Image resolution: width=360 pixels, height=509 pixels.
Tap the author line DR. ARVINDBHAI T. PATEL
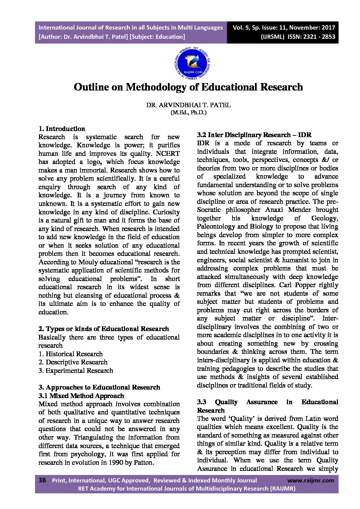point(188,105)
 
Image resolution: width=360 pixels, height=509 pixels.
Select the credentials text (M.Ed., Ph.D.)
point(188,112)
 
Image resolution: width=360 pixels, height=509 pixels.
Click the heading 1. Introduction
point(62,129)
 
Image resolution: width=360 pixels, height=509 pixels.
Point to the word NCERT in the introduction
point(168,153)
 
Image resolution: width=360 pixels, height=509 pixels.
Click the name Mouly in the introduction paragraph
point(88,262)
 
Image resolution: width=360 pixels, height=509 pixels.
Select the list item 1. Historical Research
point(70,354)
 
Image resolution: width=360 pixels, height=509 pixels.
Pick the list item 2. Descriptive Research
point(73,362)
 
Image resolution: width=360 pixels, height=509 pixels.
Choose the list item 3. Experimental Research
point(76,371)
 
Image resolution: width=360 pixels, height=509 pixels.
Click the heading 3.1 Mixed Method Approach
point(81,396)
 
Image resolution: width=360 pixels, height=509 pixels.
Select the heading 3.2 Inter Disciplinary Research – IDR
point(254,135)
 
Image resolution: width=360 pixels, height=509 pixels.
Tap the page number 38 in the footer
point(42,480)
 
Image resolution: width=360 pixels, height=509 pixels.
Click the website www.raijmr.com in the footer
point(310,480)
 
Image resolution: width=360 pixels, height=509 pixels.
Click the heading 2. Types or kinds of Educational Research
point(104,329)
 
